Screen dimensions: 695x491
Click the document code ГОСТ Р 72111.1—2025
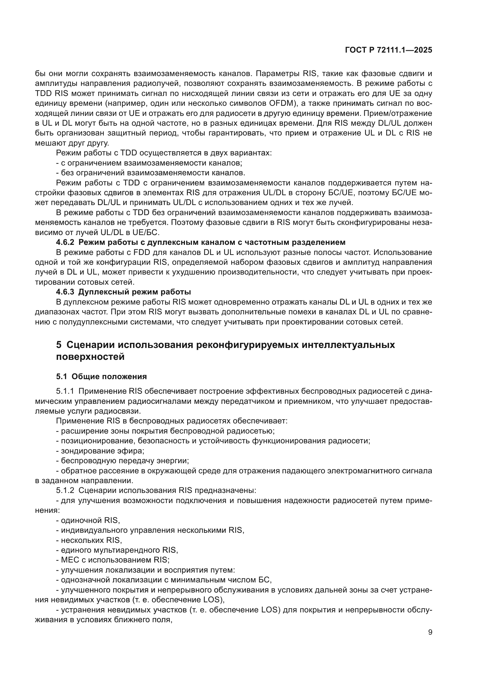tap(388, 50)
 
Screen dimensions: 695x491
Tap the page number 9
tap(430, 632)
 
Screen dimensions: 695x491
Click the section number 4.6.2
tap(65, 242)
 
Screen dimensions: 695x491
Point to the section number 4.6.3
tap(65, 292)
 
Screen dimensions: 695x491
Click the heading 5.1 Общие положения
tap(101, 376)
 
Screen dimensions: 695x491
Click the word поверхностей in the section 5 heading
tap(91, 357)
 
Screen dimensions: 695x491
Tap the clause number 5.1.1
tap(65, 391)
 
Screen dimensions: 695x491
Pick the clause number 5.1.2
tap(65, 490)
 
